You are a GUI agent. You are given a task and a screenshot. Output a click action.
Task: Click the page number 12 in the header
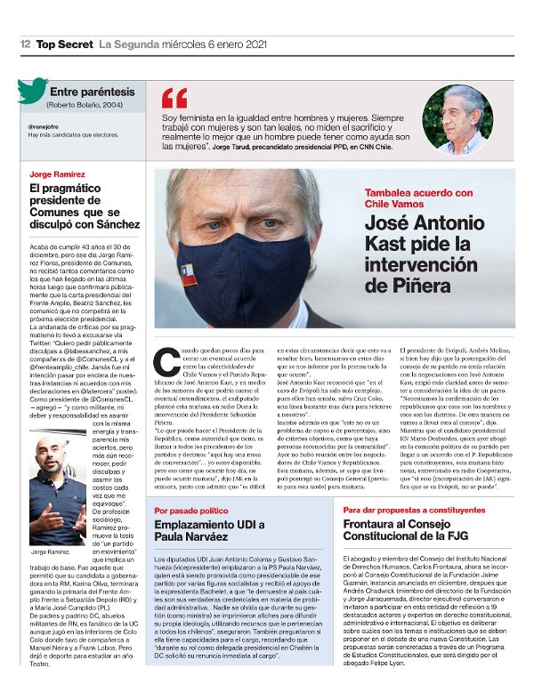tap(26, 44)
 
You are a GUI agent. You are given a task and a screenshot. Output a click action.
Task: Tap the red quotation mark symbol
tap(174, 99)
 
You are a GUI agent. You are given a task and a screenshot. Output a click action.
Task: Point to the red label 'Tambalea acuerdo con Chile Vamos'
tap(409, 198)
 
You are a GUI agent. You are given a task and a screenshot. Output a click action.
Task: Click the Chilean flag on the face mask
tap(189, 276)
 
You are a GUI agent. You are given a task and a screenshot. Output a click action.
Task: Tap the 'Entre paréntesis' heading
tap(93, 92)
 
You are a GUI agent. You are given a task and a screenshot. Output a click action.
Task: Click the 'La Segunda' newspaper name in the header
tap(122, 44)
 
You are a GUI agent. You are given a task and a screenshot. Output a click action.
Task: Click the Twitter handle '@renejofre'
tap(44, 125)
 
